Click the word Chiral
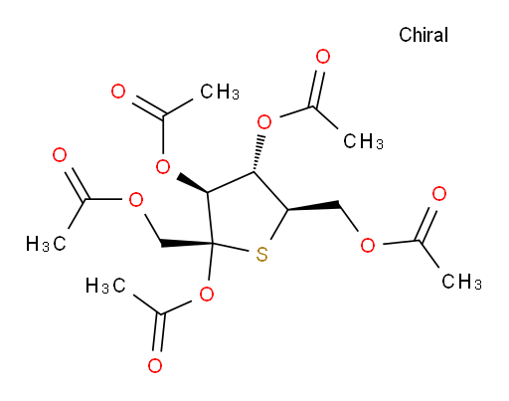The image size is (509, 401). pos(424,35)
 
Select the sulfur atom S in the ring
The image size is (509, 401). pos(261,255)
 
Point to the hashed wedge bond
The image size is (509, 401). pos(258,153)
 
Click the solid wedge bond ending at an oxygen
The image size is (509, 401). pos(193,183)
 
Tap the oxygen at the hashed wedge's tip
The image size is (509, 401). pos(264,122)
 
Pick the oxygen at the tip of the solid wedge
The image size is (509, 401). pos(163,166)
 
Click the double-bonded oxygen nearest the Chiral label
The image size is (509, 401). pos(323,57)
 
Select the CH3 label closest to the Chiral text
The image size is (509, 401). pos(363,141)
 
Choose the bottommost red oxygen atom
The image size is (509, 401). pos(155,365)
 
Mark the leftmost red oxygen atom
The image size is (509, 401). pos(60,155)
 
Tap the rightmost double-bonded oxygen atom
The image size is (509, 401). pos(439,194)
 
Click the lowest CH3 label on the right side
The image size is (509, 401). pos(461,282)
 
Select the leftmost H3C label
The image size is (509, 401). pos(46,244)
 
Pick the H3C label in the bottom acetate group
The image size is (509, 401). pos(105,286)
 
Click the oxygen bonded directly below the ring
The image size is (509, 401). pos(207,295)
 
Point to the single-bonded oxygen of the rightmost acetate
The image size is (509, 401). pos(368,245)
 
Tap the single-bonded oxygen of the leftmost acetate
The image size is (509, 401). pos(136,200)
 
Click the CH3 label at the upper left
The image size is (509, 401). pos(220,92)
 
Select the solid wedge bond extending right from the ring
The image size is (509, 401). pos(313,205)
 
